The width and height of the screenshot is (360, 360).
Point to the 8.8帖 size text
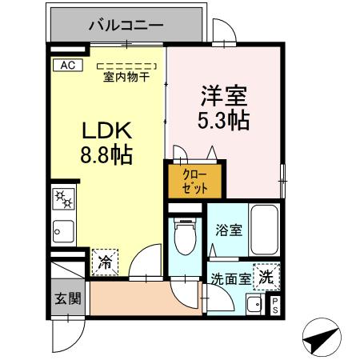pos(104,154)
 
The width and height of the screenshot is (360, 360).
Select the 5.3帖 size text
pos(223,122)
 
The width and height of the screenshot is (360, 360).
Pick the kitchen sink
pos(62,232)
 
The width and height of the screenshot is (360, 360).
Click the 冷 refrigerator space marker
pos(106,259)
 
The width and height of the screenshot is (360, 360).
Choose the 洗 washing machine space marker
pos(266,276)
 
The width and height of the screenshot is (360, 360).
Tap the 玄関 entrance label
pos(67,299)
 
